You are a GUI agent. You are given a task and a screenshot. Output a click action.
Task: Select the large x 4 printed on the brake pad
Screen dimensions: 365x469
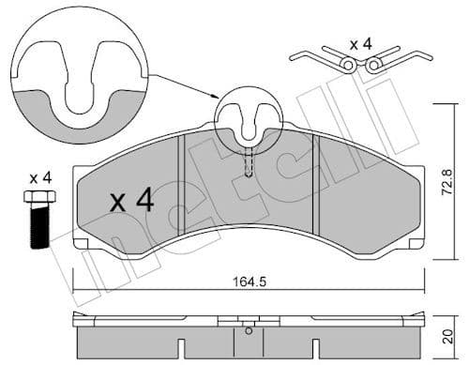[x=131, y=200]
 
